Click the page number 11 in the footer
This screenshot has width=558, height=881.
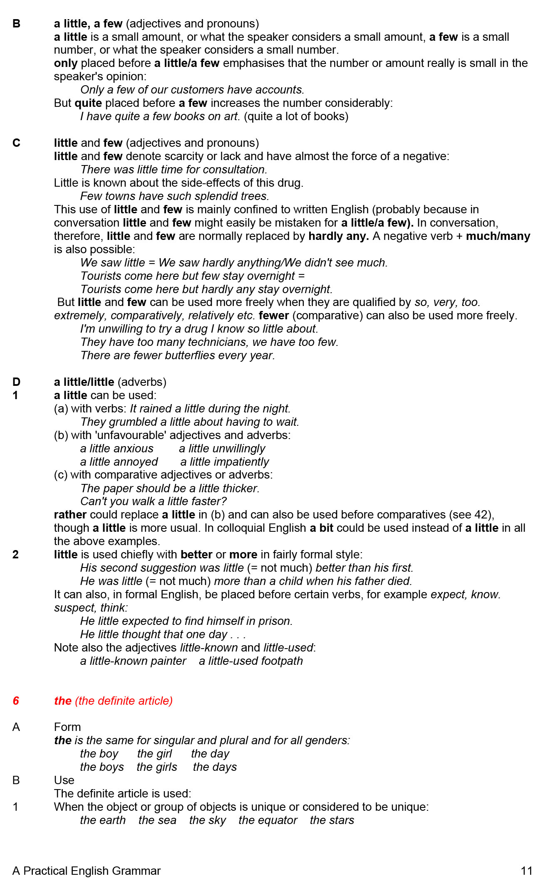point(526,871)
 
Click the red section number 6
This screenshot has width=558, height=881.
point(16,701)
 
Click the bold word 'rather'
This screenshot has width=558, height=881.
point(70,515)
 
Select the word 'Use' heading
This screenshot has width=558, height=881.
point(64,780)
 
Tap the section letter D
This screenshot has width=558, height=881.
point(16,382)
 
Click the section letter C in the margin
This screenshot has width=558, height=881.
point(16,143)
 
